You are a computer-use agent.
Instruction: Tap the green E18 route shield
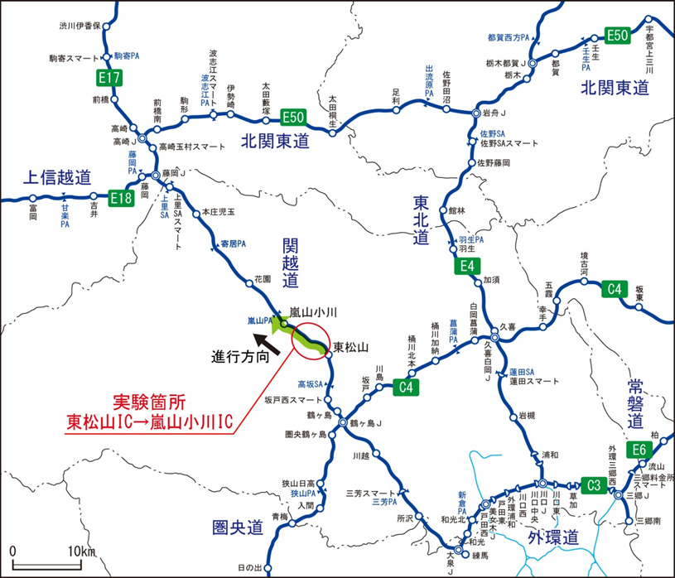(x=121, y=197)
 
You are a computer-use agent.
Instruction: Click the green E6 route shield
(x=639, y=450)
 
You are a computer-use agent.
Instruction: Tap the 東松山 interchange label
(x=350, y=347)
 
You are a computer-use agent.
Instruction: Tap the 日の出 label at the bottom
(x=249, y=568)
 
